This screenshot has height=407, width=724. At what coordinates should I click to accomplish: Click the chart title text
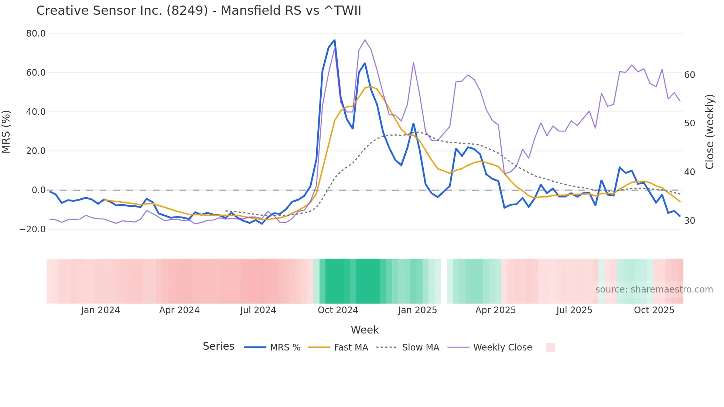[198, 11]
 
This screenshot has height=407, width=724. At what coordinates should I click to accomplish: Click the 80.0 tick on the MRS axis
[36, 34]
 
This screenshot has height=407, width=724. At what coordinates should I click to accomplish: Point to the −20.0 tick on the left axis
[33, 229]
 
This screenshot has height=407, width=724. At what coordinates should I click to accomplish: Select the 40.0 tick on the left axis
[36, 112]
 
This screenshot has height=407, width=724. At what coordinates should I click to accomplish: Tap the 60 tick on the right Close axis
[689, 75]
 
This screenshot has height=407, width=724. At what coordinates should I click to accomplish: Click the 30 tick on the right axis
[689, 221]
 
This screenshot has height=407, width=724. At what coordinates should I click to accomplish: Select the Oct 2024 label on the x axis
[338, 310]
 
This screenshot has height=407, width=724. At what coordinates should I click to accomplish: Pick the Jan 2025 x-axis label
[417, 310]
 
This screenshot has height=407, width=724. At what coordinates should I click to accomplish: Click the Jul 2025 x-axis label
[574, 310]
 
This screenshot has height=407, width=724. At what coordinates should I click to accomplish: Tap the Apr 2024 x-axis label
[179, 310]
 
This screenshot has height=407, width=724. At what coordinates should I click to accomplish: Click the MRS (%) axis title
[6, 131]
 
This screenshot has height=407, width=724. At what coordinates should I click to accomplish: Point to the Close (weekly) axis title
[710, 132]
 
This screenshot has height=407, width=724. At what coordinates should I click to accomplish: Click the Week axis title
[365, 330]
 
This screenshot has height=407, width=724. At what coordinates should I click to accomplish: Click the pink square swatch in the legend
[550, 347]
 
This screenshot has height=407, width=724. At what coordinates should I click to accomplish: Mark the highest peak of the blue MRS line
[334, 40]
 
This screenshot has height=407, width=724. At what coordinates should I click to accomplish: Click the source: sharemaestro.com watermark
[654, 290]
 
